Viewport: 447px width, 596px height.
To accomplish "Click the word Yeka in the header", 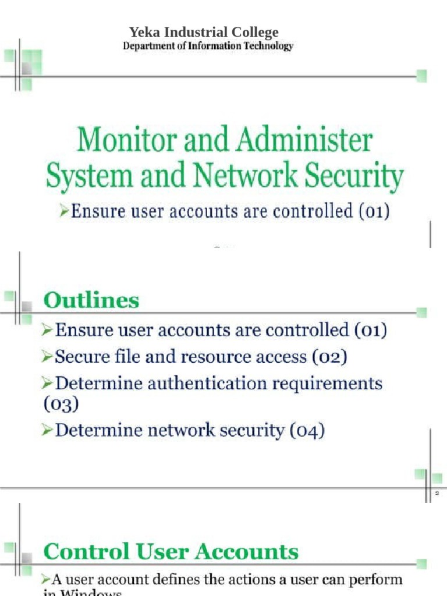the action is (x=142, y=33).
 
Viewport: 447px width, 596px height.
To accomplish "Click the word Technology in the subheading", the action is (x=269, y=46).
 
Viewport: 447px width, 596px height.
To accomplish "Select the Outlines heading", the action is (x=91, y=301).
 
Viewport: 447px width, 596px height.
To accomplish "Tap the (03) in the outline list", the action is (x=61, y=403).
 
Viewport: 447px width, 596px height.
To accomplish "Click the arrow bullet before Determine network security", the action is (x=48, y=431).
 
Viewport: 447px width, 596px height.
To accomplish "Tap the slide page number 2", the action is (x=437, y=494).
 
